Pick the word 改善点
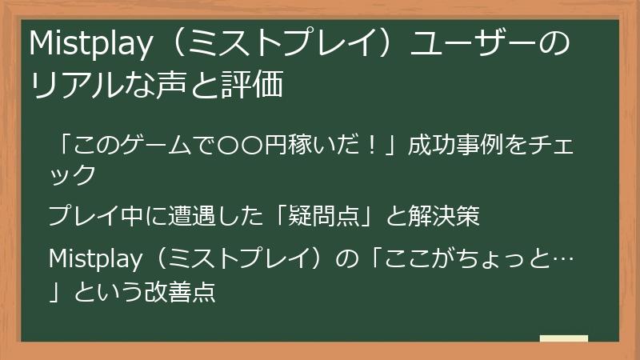pyautogui.click(x=183, y=290)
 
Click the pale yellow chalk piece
pyautogui.click(x=563, y=339)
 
